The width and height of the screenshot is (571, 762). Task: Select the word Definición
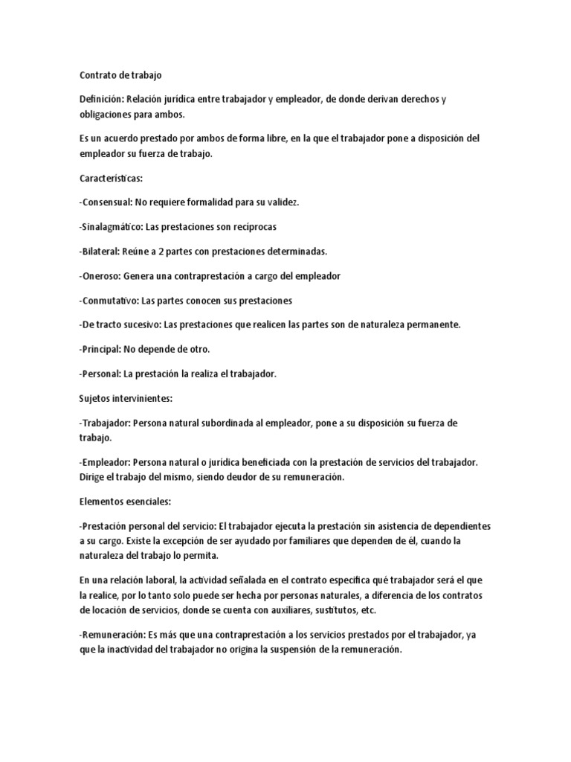(x=101, y=100)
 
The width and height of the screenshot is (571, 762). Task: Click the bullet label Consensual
(x=106, y=202)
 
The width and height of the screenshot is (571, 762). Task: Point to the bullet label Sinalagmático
(x=112, y=227)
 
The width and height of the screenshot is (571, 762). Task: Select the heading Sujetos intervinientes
(x=126, y=399)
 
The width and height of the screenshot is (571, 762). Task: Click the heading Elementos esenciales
(x=125, y=502)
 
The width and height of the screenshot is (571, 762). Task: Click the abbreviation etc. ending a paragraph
(x=368, y=610)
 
